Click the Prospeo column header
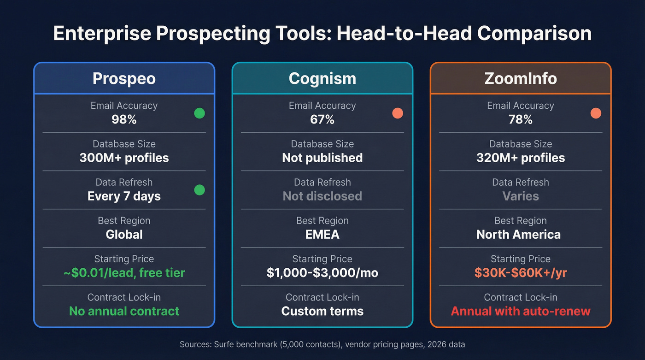pyautogui.click(x=124, y=78)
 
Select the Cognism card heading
pyautogui.click(x=322, y=78)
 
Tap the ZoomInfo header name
pyautogui.click(x=521, y=78)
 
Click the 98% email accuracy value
pyautogui.click(x=124, y=120)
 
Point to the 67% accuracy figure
pyautogui.click(x=322, y=120)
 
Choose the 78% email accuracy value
pyautogui.click(x=521, y=120)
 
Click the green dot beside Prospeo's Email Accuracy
pyautogui.click(x=199, y=113)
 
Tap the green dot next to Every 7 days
pyautogui.click(x=199, y=189)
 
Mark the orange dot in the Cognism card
pyautogui.click(x=398, y=113)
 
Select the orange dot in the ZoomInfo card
pyautogui.click(x=596, y=113)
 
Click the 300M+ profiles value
pyautogui.click(x=124, y=158)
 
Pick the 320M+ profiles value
pyautogui.click(x=521, y=158)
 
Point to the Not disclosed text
pyautogui.click(x=322, y=196)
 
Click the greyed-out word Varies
pyautogui.click(x=521, y=196)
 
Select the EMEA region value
pyautogui.click(x=322, y=235)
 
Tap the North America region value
pyautogui.click(x=518, y=235)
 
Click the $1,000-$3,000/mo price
pyautogui.click(x=322, y=273)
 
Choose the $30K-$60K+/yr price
pyautogui.click(x=521, y=273)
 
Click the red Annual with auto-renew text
pyautogui.click(x=521, y=311)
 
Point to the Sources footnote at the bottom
pyautogui.click(x=322, y=344)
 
